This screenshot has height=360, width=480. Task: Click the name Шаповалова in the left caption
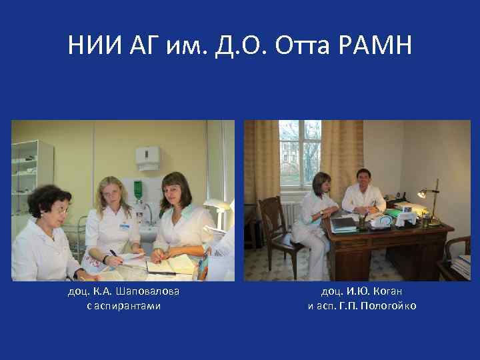tap(147, 291)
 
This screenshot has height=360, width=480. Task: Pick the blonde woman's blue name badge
tap(124, 226)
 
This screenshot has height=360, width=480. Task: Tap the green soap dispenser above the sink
tap(138, 188)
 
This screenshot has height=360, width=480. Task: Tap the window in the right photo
tap(299, 153)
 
